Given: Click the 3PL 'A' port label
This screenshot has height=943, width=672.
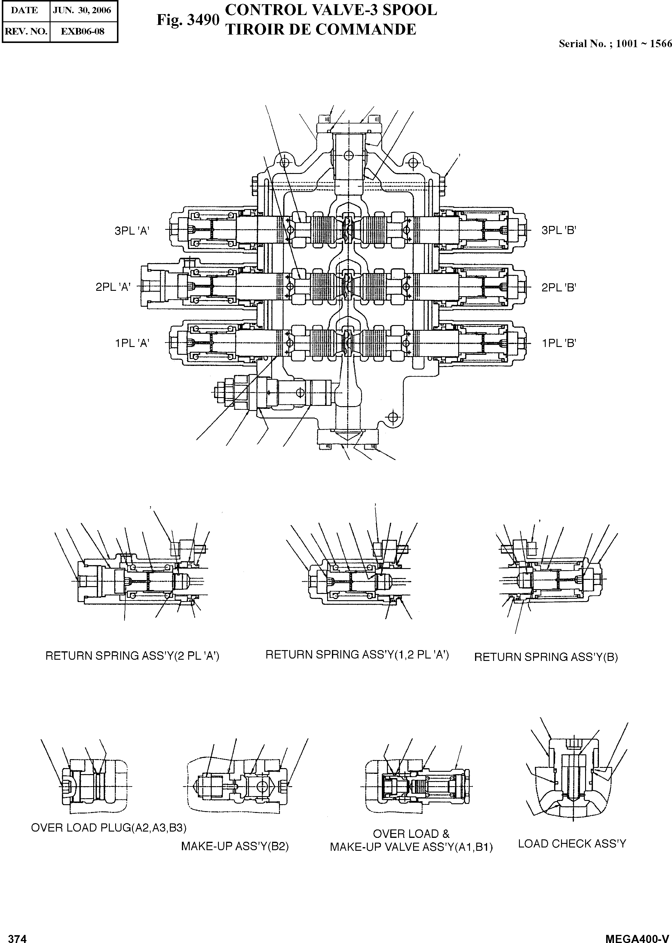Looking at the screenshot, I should point(132,231).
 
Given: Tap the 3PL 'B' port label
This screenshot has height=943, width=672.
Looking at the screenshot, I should point(559,230).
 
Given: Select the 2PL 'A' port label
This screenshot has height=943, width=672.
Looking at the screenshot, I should point(113,287).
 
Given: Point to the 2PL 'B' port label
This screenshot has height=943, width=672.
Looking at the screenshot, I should point(559,287).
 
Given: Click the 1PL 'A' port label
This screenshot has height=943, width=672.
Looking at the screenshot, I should point(132,343).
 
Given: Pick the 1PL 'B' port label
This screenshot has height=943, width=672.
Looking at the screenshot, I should point(559,343).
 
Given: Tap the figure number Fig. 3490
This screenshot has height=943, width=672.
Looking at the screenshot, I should point(187,20).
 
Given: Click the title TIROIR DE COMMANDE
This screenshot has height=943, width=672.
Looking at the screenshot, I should point(321,29).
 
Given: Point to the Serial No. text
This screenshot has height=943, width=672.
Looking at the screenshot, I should point(615,43).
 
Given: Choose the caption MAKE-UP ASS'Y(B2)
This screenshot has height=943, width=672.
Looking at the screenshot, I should point(235,846).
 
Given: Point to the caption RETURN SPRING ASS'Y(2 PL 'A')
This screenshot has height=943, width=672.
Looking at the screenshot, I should point(132,656).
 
